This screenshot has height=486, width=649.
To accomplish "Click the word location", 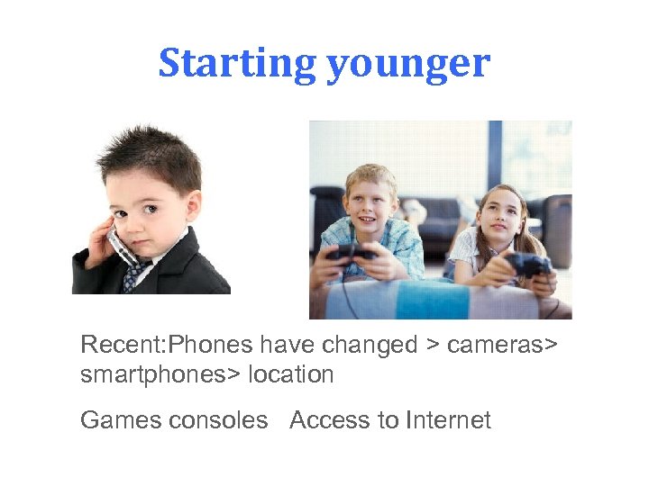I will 292,374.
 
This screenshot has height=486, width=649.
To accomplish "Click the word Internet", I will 448,420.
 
